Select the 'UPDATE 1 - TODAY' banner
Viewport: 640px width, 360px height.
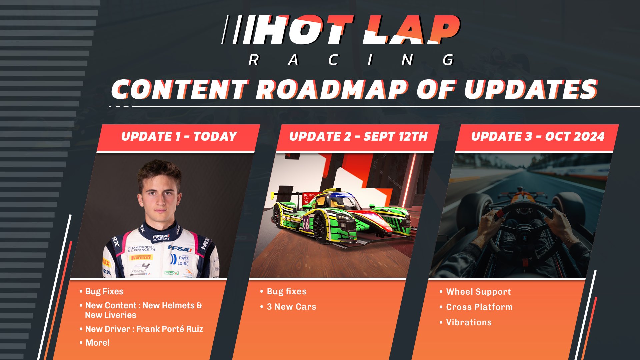(179, 136)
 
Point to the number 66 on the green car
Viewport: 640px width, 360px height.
(306, 224)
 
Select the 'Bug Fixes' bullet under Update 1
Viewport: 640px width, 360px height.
(104, 291)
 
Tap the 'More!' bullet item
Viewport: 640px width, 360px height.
(97, 343)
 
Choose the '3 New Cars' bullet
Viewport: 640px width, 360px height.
(291, 307)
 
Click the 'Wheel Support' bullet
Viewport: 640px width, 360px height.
(478, 292)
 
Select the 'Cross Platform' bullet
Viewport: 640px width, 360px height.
(479, 307)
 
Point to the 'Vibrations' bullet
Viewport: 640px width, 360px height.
(469, 322)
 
